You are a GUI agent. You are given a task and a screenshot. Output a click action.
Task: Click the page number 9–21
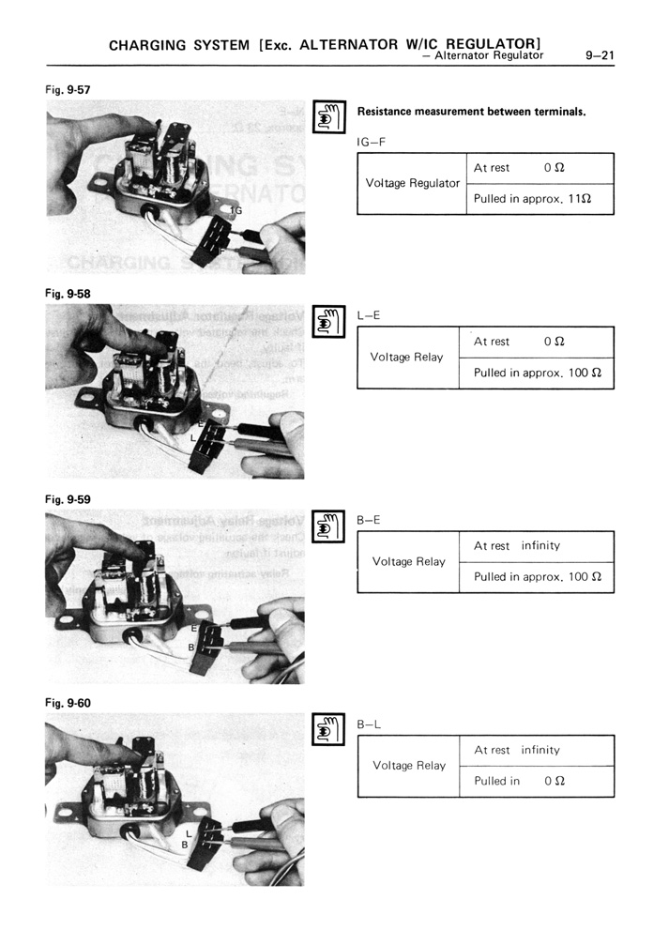[x=598, y=55]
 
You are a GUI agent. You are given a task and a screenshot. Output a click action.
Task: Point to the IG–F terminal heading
[x=372, y=141]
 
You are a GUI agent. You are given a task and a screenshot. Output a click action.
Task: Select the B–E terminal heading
[x=369, y=517]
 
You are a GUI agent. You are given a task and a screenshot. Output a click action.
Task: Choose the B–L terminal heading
[x=369, y=723]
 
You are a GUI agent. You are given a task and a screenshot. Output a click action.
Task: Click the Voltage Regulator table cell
[x=412, y=183]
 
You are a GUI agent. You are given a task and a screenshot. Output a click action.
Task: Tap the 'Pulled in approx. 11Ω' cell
[x=530, y=199]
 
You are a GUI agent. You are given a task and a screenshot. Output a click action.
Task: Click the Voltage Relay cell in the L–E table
[x=406, y=358]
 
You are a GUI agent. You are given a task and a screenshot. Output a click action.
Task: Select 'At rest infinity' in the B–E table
[x=516, y=546]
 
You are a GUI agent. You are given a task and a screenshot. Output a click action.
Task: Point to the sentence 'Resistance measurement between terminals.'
[x=471, y=112]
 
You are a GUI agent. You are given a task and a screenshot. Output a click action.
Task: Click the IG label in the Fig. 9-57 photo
[x=236, y=211]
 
